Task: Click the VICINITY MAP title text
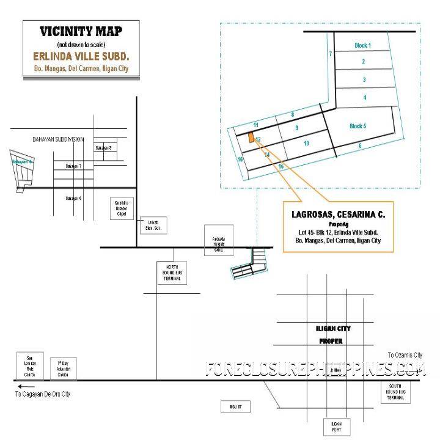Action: (81, 32)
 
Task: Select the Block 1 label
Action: (363, 46)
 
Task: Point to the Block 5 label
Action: (358, 126)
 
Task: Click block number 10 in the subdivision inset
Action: (306, 143)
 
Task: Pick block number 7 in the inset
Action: (331, 54)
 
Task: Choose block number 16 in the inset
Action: (241, 159)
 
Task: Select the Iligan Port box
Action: (337, 427)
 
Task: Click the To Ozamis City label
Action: (405, 355)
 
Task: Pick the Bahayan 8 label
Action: (103, 148)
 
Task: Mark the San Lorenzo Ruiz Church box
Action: (28, 365)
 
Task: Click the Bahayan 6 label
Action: (73, 198)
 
